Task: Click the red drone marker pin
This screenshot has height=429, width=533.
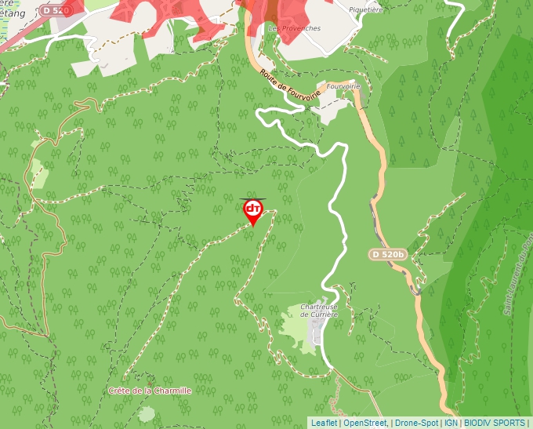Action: (x=253, y=210)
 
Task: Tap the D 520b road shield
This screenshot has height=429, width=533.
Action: (x=388, y=254)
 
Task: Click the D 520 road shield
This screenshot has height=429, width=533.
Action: (x=56, y=10)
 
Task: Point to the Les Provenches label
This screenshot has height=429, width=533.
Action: (x=294, y=28)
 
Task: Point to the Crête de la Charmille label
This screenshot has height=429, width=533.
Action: (x=150, y=390)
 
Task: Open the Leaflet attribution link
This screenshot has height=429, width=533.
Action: (x=324, y=423)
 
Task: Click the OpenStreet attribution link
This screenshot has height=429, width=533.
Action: (x=365, y=423)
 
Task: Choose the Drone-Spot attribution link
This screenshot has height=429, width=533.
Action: (x=416, y=423)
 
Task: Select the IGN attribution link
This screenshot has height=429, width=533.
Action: (x=451, y=423)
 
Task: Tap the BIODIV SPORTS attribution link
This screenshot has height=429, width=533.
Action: (x=494, y=423)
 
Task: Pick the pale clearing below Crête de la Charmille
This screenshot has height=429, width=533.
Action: (x=146, y=413)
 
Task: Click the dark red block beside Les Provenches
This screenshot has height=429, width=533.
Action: (x=271, y=11)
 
